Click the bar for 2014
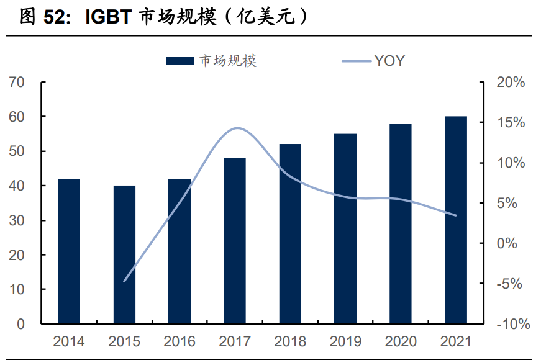[69, 251]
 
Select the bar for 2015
[124, 254]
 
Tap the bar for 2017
[235, 241]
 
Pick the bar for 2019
[345, 229]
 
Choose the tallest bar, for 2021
[456, 220]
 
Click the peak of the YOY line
[237, 128]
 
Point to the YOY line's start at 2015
[124, 281]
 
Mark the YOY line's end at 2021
[456, 215]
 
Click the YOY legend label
[389, 60]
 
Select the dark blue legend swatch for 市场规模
[181, 61]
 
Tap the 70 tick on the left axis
[17, 83]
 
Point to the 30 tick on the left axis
[17, 220]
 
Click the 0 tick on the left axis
[20, 324]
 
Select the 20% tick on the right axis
[511, 83]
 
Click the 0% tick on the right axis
[514, 243]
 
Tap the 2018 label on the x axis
[290, 341]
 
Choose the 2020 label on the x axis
[401, 341]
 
